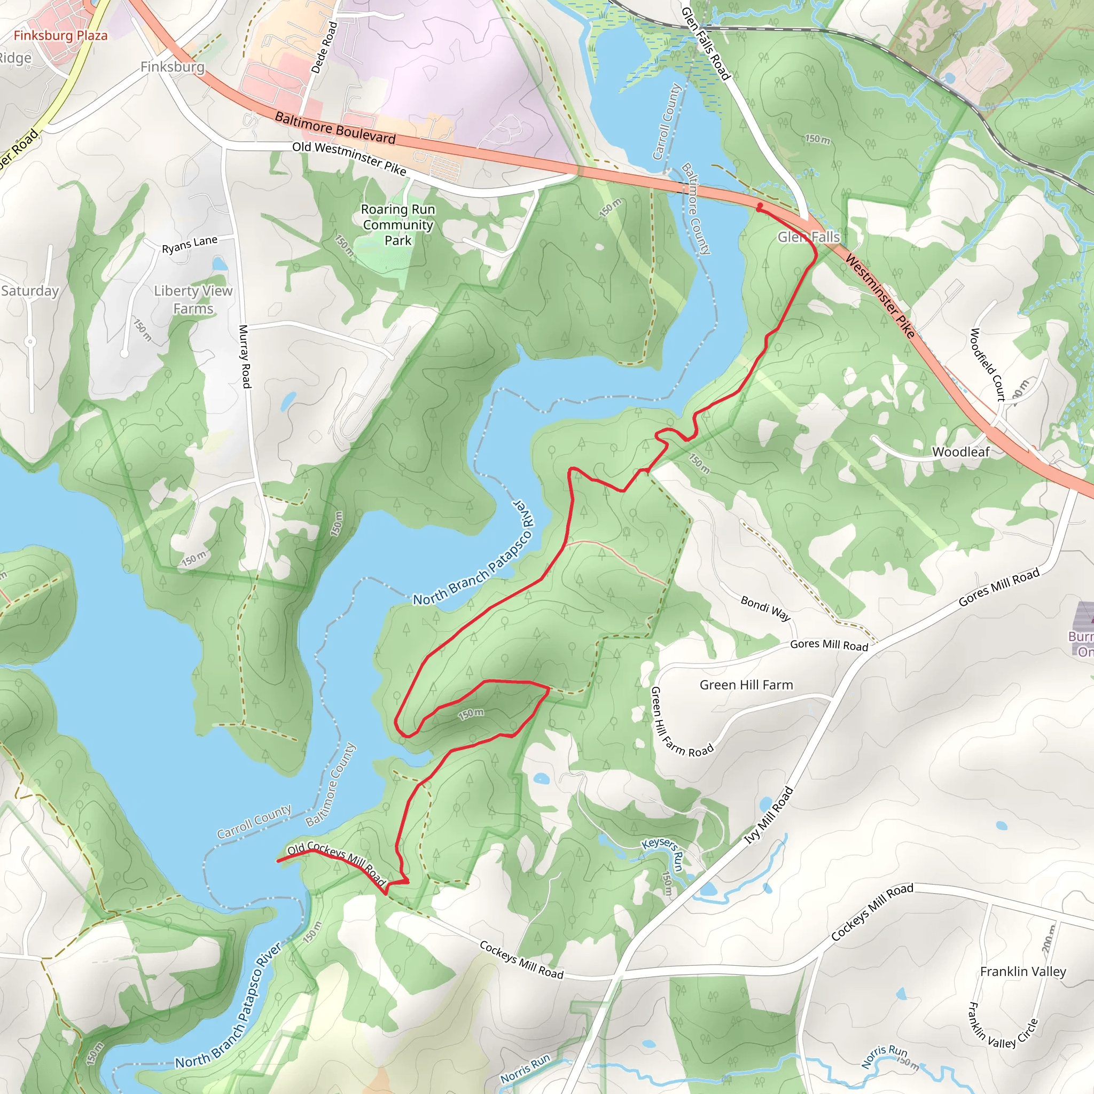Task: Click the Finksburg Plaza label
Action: point(60,36)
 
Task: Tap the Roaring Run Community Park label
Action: point(398,225)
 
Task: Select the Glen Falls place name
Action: point(808,237)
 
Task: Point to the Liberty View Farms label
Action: point(193,300)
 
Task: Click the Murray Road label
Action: point(245,356)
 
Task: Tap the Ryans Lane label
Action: point(190,245)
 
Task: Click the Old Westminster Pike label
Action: point(349,158)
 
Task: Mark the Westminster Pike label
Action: point(879,295)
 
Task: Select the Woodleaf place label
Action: point(960,452)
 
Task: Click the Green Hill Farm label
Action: point(746,685)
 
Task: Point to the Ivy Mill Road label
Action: point(768,815)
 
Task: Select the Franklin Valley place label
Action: point(1022,972)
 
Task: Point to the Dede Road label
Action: point(324,48)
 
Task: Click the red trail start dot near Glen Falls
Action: point(760,207)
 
